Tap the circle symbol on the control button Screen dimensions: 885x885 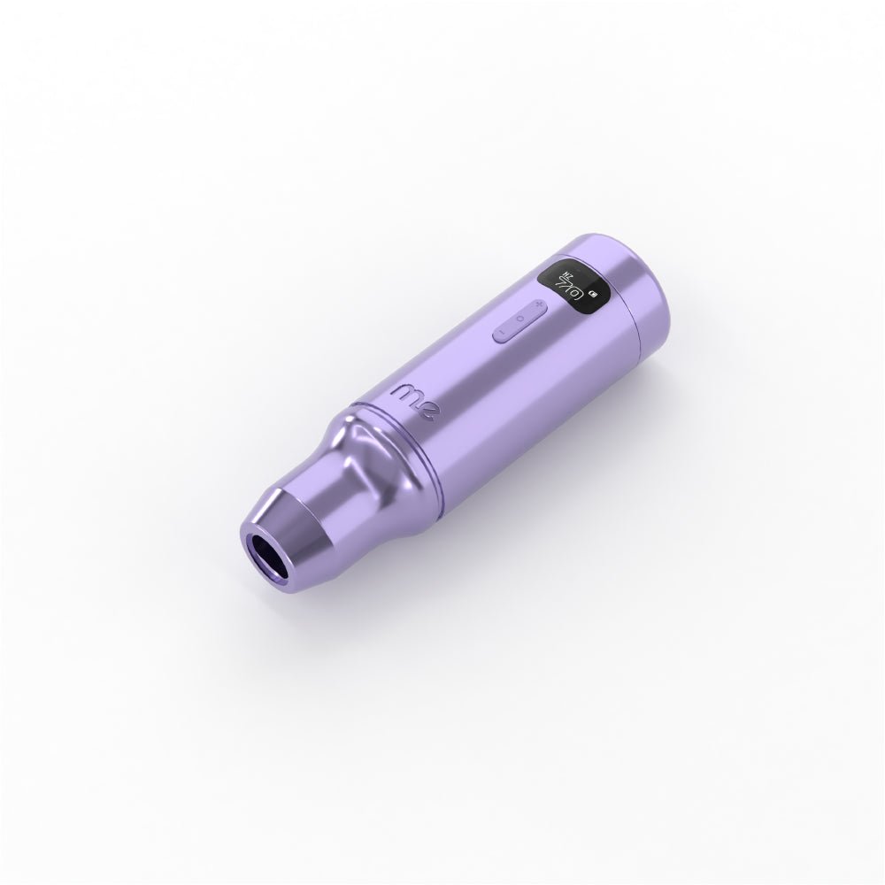(522, 317)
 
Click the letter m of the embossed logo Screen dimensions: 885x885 (404, 391)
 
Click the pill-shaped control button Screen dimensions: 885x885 (521, 318)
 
